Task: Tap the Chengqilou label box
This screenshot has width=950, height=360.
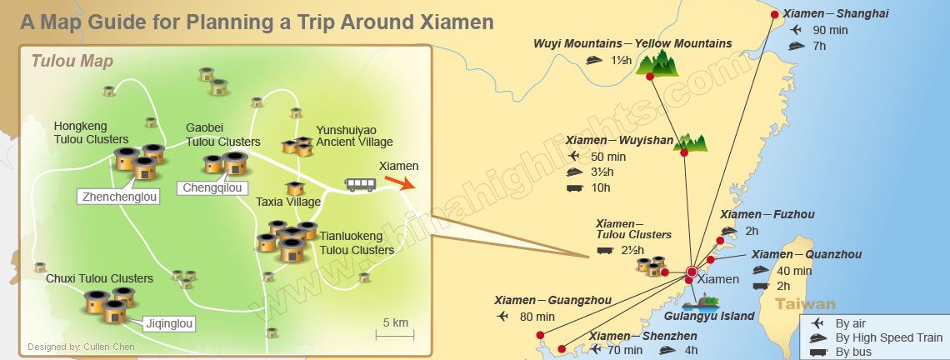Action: tap(213, 188)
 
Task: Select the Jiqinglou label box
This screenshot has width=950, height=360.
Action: tap(169, 324)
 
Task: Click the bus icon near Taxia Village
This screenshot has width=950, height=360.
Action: tap(360, 184)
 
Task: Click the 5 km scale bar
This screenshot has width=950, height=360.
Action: tap(395, 335)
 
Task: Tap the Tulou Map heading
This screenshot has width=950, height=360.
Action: tap(72, 62)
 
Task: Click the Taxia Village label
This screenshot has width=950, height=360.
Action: tap(288, 202)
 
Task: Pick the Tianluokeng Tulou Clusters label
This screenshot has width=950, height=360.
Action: tap(357, 243)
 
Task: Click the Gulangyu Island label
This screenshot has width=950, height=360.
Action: tap(709, 316)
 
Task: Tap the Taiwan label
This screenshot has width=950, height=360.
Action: tap(805, 305)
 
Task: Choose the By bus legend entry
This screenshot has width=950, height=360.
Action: tap(854, 352)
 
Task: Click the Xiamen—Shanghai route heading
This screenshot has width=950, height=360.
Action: tap(836, 13)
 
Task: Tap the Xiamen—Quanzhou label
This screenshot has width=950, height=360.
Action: tap(807, 254)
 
